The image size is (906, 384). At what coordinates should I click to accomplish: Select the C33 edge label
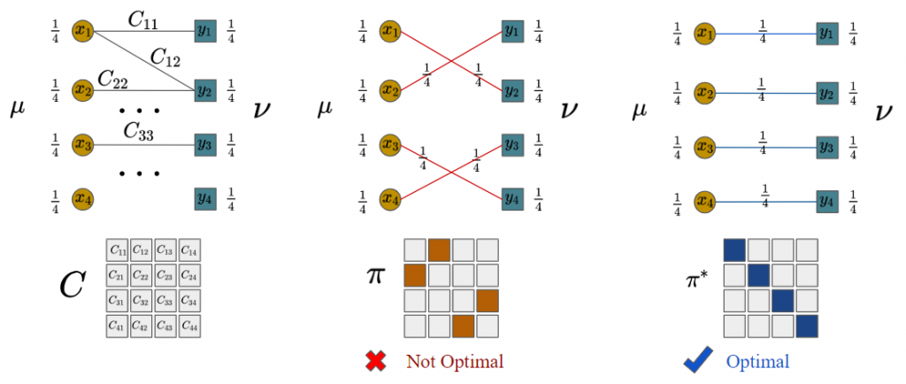[x=137, y=132]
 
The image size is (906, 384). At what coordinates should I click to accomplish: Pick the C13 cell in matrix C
[x=165, y=250]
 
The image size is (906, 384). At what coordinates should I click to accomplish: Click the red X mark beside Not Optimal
[x=377, y=362]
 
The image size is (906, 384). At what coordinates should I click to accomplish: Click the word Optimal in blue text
[x=757, y=362]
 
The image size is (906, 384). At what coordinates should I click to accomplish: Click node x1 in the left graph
[x=83, y=31]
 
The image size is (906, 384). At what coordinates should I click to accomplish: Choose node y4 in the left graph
[x=205, y=199]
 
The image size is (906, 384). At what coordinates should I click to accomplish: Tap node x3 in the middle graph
[x=390, y=144]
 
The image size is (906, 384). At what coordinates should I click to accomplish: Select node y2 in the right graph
[x=827, y=92]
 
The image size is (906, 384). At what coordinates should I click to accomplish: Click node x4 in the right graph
[x=703, y=202]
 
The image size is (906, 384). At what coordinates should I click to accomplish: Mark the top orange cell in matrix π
[x=439, y=250]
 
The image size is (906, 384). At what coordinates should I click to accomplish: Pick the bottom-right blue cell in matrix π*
[x=807, y=326]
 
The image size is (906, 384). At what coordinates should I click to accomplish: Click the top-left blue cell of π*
[x=734, y=250]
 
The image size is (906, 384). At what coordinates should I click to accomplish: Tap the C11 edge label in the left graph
[x=142, y=22]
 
